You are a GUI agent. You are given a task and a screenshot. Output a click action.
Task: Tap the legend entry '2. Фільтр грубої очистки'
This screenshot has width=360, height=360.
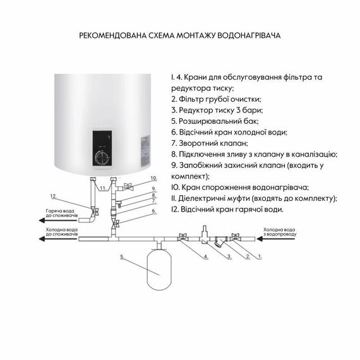tap(215, 99)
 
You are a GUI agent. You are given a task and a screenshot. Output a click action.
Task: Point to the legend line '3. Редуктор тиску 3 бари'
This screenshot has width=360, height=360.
tap(218, 110)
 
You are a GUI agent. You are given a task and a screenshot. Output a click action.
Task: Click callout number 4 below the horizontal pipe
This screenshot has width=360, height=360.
tap(205, 258)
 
